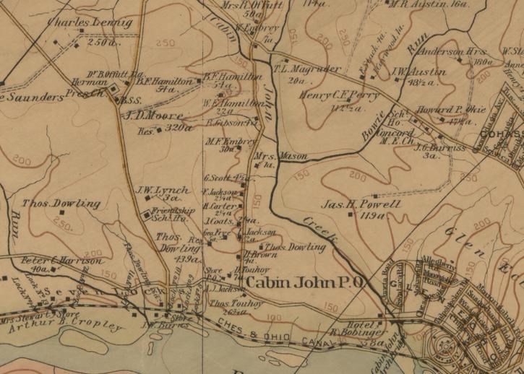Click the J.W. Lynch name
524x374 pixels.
(x=158, y=190)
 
